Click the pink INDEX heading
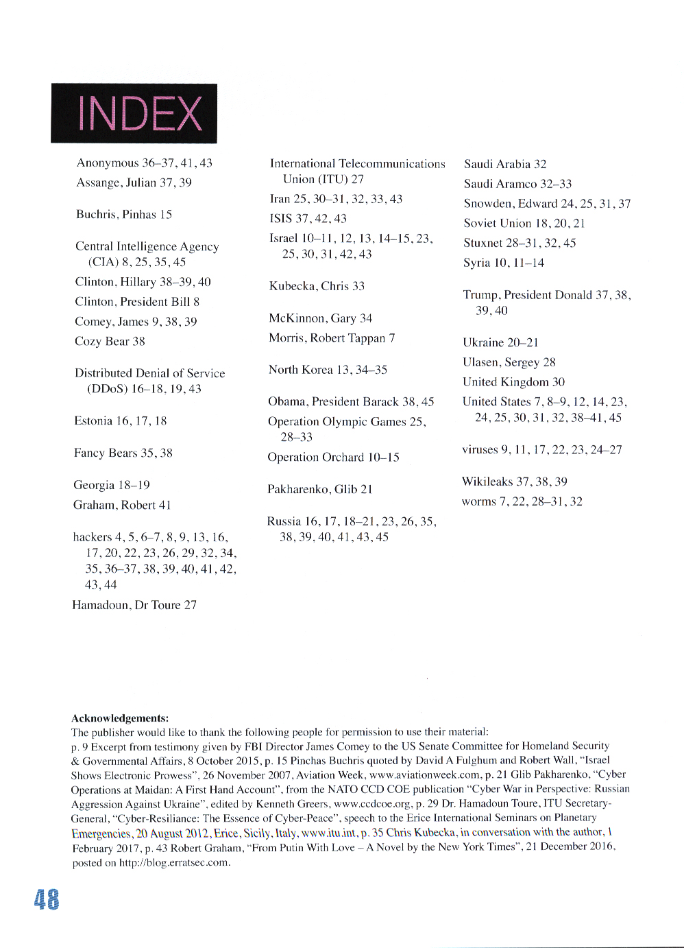140,114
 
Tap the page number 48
47,899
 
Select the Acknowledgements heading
120,718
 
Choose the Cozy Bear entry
110,342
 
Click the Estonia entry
120,421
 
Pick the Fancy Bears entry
123,453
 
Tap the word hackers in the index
92,537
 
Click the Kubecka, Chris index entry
316,286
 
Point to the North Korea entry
328,370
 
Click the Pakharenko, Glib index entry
319,489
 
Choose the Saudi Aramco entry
517,184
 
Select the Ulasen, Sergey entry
509,362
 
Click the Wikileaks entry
514,482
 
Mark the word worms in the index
478,501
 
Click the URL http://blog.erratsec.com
173,863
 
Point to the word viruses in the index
480,450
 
